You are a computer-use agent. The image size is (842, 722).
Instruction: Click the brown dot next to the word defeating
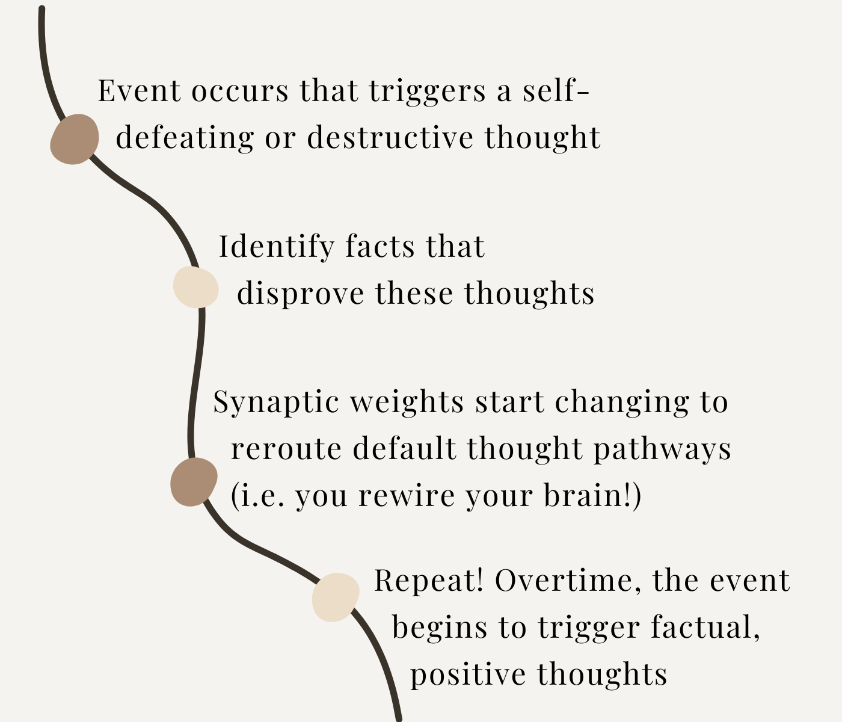(74, 139)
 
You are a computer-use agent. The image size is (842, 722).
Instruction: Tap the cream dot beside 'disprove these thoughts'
(196, 288)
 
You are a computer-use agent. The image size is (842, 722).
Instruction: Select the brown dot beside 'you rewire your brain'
(193, 482)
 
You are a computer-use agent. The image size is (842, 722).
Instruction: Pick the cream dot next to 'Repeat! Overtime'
(335, 597)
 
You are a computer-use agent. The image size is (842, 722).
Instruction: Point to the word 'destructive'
(390, 138)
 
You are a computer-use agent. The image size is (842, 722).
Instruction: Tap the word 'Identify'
(276, 247)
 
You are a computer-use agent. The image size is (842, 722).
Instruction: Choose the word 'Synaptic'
(275, 402)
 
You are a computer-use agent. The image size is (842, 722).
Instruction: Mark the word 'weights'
(407, 402)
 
